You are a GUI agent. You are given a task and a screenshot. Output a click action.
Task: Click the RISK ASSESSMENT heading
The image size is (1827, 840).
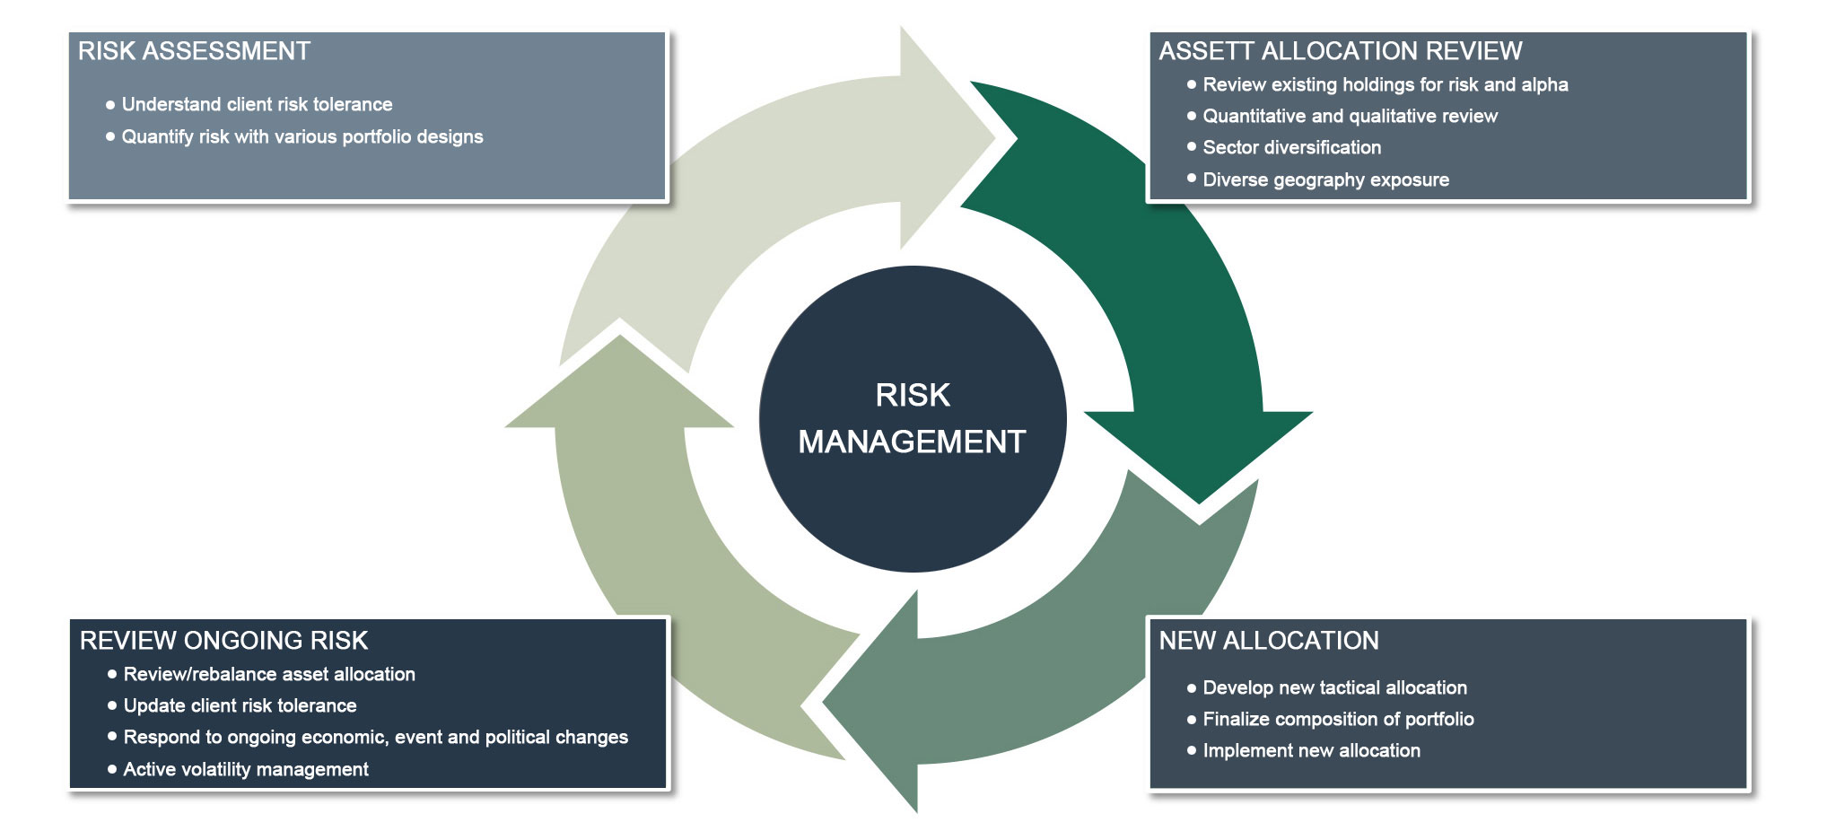194,51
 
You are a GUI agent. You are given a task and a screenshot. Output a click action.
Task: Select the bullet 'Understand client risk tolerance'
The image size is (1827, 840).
257,104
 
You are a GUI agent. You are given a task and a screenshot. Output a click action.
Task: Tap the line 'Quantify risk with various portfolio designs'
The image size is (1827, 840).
302,136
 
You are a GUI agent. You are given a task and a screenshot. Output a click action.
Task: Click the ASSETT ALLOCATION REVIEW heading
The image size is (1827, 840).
1340,51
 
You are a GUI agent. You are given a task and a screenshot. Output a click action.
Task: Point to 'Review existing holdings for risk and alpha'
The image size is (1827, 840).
1385,84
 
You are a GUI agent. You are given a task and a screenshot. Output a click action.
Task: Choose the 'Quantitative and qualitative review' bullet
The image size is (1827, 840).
1350,116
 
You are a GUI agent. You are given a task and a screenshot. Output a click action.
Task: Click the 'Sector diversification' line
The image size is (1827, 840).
1291,147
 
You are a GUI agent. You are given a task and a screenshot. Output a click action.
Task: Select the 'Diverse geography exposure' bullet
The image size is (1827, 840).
1325,179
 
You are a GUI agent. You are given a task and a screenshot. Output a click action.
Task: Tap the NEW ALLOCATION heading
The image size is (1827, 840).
1269,641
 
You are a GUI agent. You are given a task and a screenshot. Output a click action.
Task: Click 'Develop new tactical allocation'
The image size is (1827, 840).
1334,687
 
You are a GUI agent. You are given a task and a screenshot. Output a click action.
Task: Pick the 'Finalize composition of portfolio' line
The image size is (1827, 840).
1338,719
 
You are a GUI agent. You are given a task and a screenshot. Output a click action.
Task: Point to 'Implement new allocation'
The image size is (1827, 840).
1311,750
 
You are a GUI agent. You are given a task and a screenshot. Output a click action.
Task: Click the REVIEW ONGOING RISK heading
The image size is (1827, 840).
223,641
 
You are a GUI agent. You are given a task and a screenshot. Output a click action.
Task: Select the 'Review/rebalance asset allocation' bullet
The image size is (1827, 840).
268,674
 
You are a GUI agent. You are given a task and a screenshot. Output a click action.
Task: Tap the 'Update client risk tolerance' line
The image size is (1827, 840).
240,705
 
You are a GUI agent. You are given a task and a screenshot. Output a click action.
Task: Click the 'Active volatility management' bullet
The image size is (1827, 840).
245,769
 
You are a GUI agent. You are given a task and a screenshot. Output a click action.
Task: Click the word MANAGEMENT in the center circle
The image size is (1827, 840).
912,442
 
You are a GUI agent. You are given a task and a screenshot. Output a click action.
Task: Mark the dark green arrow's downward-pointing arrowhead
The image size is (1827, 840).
1199,449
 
